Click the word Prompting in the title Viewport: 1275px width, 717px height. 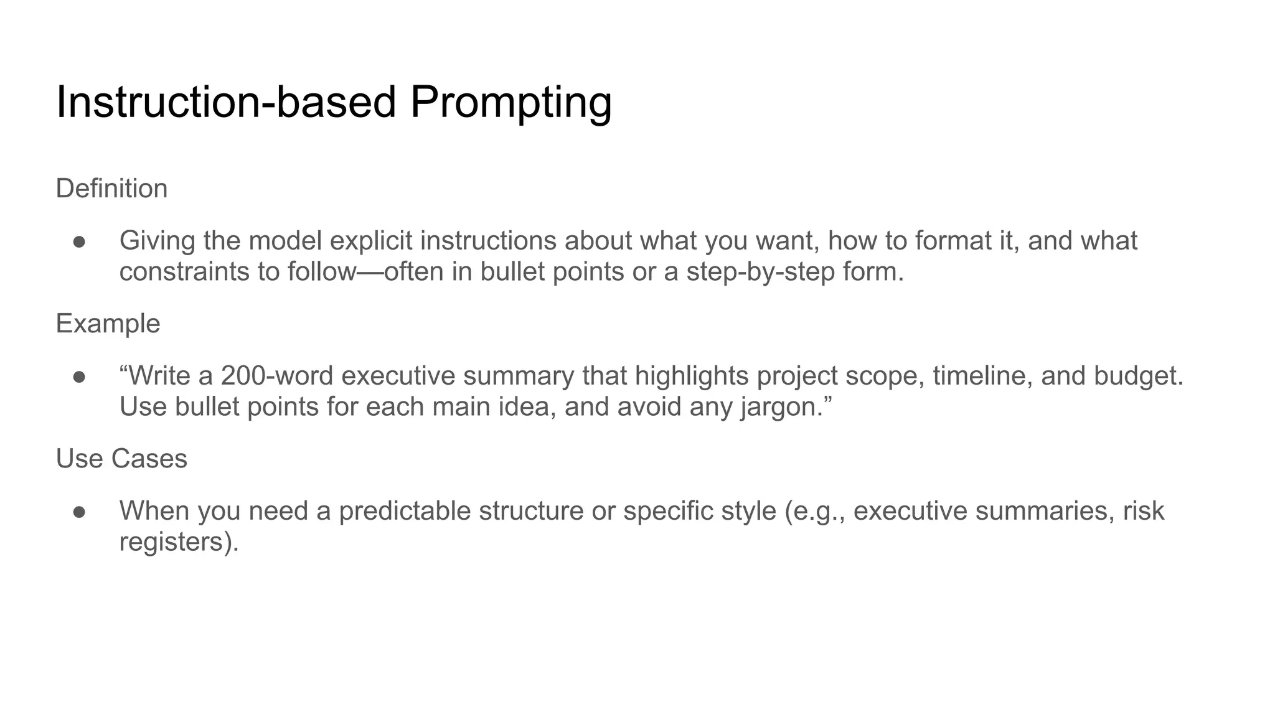click(x=510, y=103)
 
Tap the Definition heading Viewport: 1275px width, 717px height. click(x=111, y=189)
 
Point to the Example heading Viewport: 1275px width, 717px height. click(x=108, y=324)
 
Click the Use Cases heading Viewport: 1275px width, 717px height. click(x=121, y=459)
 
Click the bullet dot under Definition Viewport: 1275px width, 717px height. click(x=79, y=241)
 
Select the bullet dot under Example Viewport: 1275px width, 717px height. click(x=79, y=377)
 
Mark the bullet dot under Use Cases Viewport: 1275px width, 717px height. click(x=79, y=512)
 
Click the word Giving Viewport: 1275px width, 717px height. click(x=158, y=241)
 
